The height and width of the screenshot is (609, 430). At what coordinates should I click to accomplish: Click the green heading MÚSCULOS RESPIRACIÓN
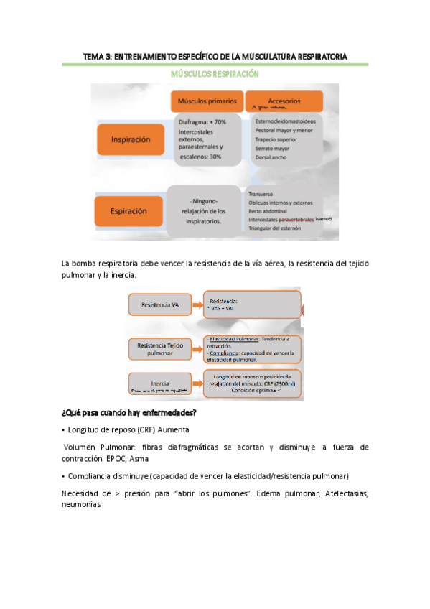coord(215,74)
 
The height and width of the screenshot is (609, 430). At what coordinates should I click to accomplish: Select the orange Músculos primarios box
coord(206,101)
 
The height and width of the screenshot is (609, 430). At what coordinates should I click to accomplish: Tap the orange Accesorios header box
coord(284,101)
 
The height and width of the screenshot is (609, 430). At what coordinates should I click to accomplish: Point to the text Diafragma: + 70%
coord(202,122)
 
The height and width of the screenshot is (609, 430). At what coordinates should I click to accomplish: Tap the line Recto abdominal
coord(271,211)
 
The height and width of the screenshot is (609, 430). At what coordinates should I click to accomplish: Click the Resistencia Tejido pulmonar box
coord(161,350)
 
